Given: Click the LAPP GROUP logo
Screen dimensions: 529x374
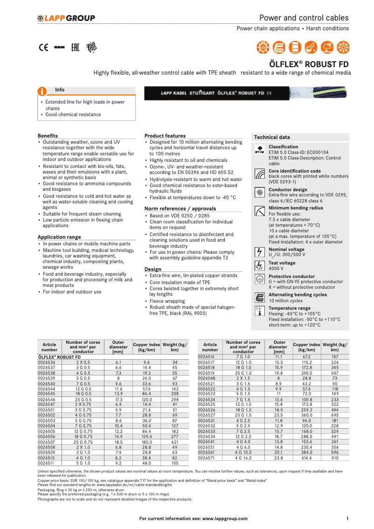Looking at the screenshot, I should [66, 18].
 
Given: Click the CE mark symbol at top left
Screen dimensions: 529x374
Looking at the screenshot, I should [43, 47].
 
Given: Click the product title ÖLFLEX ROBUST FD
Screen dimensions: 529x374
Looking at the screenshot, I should [309, 64].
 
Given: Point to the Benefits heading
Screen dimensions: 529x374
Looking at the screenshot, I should [48, 136].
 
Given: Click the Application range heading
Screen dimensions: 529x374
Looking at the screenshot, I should [59, 237].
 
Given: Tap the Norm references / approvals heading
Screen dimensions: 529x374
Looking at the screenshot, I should [180, 209].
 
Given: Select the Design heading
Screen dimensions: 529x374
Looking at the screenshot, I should [152, 269].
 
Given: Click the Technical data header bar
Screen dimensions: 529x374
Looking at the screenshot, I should [300, 137].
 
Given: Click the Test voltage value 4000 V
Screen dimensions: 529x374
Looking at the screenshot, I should [276, 269].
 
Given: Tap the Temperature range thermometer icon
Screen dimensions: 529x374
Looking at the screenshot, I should [259, 312].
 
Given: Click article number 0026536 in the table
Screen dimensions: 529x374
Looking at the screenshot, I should [46, 362].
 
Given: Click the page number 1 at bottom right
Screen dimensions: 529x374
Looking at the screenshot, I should [347, 518].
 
